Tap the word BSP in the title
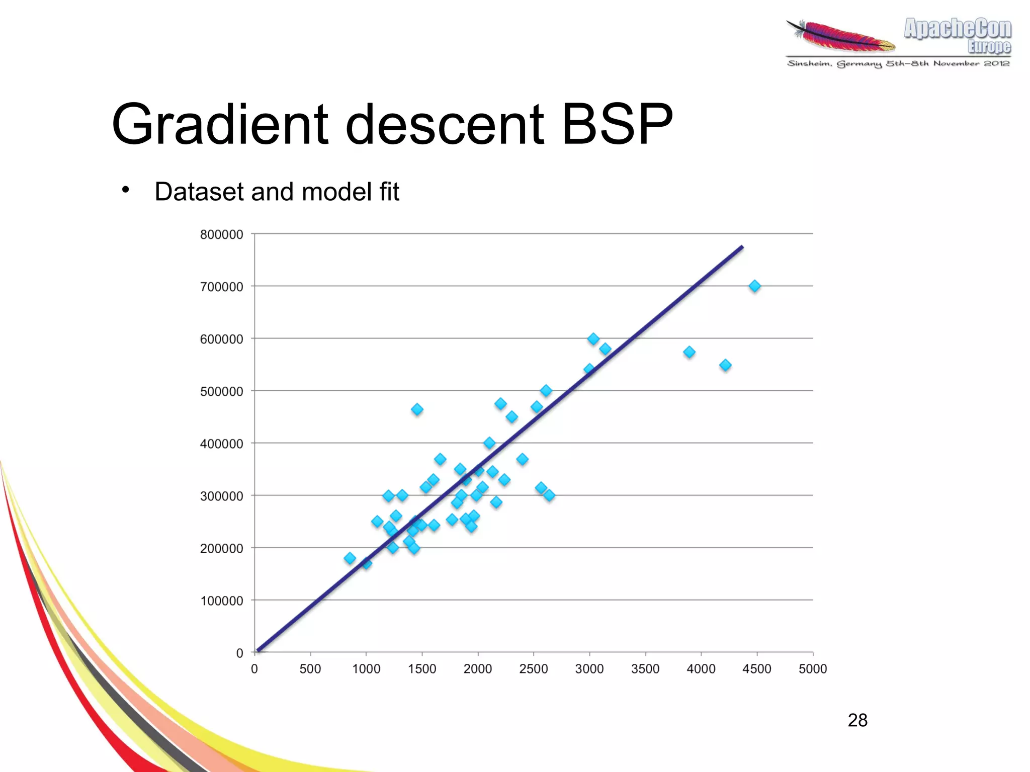coord(617,124)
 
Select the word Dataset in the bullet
coord(199,192)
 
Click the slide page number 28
coord(857,720)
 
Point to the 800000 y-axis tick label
coord(221,234)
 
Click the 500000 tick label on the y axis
coord(221,391)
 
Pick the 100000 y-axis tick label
coord(221,601)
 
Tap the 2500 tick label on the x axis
coord(533,669)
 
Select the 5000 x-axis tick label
coord(813,669)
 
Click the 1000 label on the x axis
coord(366,669)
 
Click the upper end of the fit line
coord(742,247)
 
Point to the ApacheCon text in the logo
coord(957,29)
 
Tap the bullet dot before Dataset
coord(126,190)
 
